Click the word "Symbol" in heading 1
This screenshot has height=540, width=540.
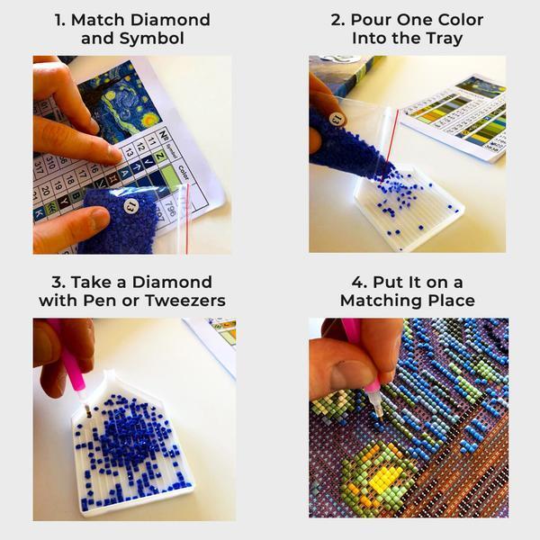158,39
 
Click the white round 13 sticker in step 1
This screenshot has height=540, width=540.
131,207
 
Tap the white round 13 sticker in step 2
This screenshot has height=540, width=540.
337,118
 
